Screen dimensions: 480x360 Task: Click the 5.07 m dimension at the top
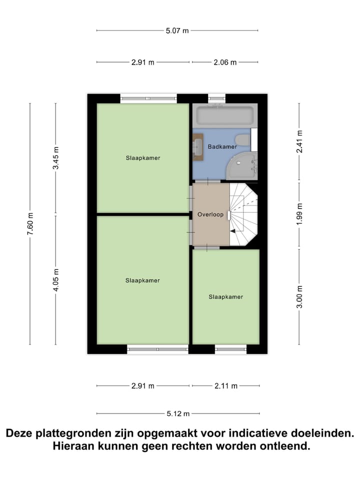pos(177,30)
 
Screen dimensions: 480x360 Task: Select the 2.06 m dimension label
pos(224,62)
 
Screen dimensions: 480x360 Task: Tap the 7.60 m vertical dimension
pos(30,224)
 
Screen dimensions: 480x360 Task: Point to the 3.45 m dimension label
pos(55,158)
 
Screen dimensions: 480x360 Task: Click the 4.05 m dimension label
pos(55,280)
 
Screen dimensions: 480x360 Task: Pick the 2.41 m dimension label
pos(299,142)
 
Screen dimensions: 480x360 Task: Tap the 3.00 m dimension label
pos(299,296)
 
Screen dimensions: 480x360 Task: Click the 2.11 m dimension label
pos(225,385)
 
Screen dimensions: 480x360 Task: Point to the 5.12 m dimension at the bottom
pos(177,413)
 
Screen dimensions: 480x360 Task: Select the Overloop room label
pos(210,214)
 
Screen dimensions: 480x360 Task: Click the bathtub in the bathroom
pos(224,116)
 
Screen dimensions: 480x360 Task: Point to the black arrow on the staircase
pos(233,230)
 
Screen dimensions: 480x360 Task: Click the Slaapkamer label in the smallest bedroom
pos(225,296)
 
